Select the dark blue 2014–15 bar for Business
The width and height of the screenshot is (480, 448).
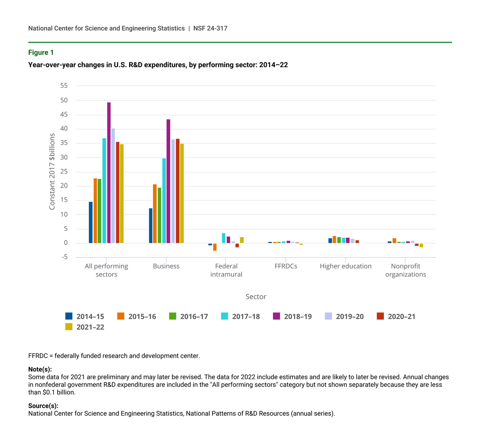tap(151, 226)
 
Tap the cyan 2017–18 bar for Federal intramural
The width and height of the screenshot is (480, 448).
tap(224, 238)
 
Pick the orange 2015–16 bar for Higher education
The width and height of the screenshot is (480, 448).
tap(334, 240)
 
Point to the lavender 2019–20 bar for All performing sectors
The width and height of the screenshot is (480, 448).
tap(113, 186)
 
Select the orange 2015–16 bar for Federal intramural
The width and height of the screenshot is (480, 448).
tap(215, 247)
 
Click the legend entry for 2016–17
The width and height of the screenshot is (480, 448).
tap(188, 316)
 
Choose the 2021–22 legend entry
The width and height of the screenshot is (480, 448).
tap(85, 327)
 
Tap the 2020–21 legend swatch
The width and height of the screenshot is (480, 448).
tap(380, 316)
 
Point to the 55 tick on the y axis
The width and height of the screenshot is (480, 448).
tap(64, 86)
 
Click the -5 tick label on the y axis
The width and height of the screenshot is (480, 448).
tap(64, 257)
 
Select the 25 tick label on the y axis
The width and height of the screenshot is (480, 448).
tap(64, 172)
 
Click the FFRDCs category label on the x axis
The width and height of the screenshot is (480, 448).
tap(286, 266)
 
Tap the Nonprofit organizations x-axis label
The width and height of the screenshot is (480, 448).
tap(406, 270)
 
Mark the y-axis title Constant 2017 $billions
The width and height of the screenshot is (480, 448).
tap(52, 172)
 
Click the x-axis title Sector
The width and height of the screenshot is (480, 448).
tap(256, 296)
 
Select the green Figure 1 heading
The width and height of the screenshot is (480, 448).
tap(41, 52)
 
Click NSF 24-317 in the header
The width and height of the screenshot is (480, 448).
tap(210, 28)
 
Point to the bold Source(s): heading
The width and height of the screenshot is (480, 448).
tap(43, 406)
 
